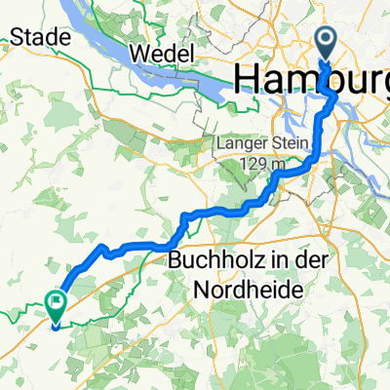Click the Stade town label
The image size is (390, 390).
(x=42, y=37)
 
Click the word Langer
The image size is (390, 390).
(x=240, y=146)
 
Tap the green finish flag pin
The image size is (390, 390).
(x=55, y=305)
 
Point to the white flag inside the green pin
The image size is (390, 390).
(x=55, y=304)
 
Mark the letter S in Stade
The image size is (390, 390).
(x=18, y=37)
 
